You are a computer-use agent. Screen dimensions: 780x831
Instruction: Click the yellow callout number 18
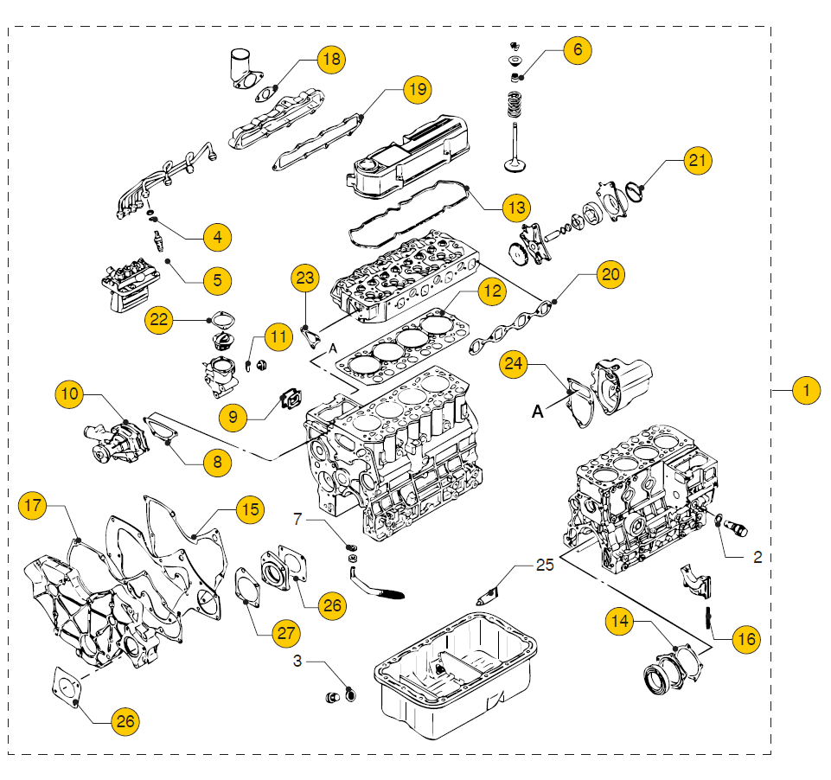[330, 60]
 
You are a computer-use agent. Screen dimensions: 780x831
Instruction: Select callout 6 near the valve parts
[578, 49]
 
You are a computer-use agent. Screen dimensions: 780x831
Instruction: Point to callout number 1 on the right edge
[806, 391]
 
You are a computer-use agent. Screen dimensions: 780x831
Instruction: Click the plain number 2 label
[757, 558]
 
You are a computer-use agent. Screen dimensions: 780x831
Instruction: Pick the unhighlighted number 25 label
[544, 566]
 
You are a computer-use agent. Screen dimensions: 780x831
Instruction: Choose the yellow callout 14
[619, 621]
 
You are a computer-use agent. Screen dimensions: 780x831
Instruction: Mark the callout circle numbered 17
[33, 505]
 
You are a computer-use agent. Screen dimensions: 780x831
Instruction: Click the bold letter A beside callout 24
[537, 413]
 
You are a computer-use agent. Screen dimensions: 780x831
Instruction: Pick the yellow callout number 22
[158, 318]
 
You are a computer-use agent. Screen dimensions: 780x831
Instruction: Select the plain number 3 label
[297, 662]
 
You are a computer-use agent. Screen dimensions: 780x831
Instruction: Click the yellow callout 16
[745, 639]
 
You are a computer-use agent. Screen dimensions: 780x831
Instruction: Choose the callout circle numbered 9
[233, 417]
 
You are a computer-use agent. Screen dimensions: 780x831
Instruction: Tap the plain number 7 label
[297, 519]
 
